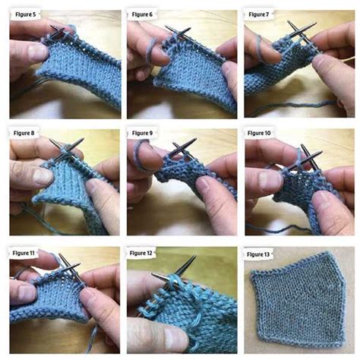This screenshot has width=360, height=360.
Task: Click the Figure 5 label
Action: [26, 14]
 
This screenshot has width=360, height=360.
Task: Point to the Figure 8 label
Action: [26, 134]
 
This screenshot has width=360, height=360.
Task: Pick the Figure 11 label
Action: [26, 251]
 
